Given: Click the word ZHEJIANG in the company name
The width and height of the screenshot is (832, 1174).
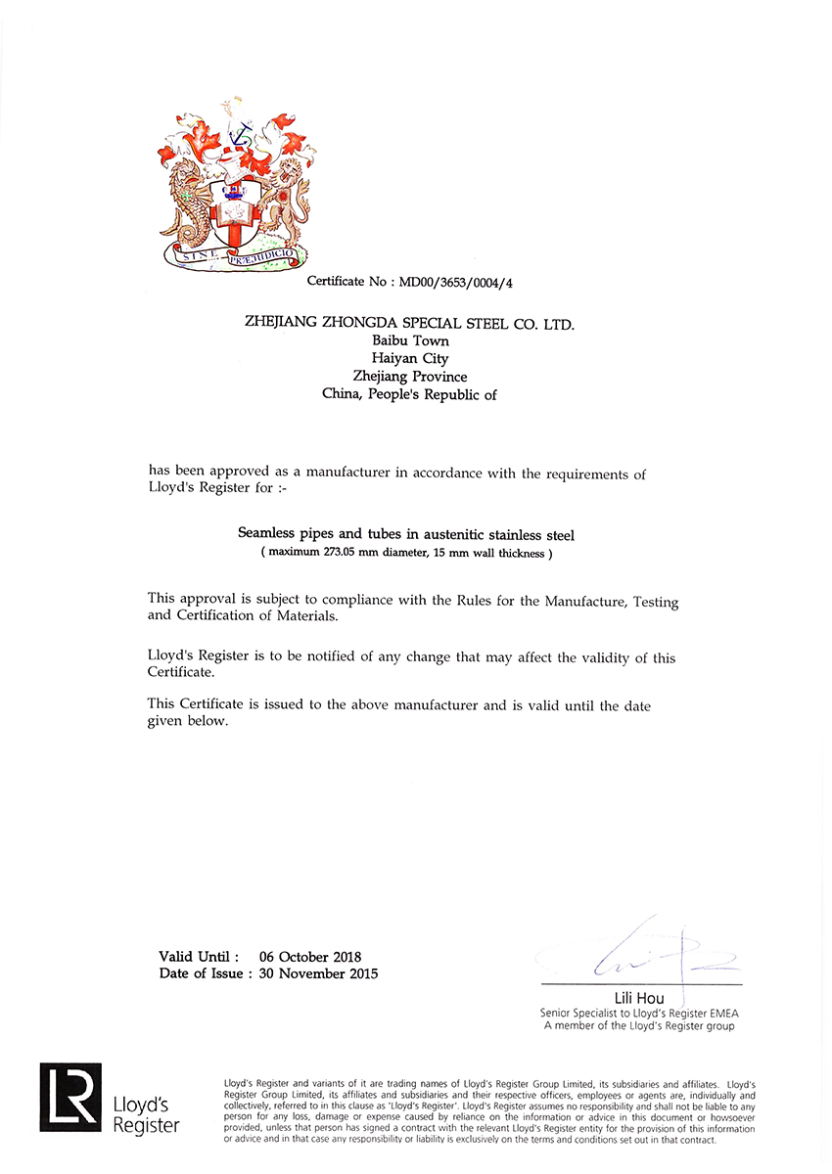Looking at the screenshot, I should click(285, 323).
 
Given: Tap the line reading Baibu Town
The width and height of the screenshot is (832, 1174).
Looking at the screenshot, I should click(410, 340).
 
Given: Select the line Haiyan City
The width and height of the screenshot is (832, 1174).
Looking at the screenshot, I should click(410, 358).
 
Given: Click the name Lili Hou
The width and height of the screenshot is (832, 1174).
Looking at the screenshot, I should click(639, 999).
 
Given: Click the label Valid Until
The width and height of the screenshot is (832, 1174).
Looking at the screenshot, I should click(199, 956).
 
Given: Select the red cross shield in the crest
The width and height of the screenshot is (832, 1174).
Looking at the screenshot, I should click(235, 215).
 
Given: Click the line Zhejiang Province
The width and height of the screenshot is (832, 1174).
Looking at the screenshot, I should click(410, 376).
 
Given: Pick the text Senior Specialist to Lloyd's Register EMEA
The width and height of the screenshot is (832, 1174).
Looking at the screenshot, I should click(637, 1014).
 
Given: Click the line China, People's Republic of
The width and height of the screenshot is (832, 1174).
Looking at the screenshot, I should click(410, 394).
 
